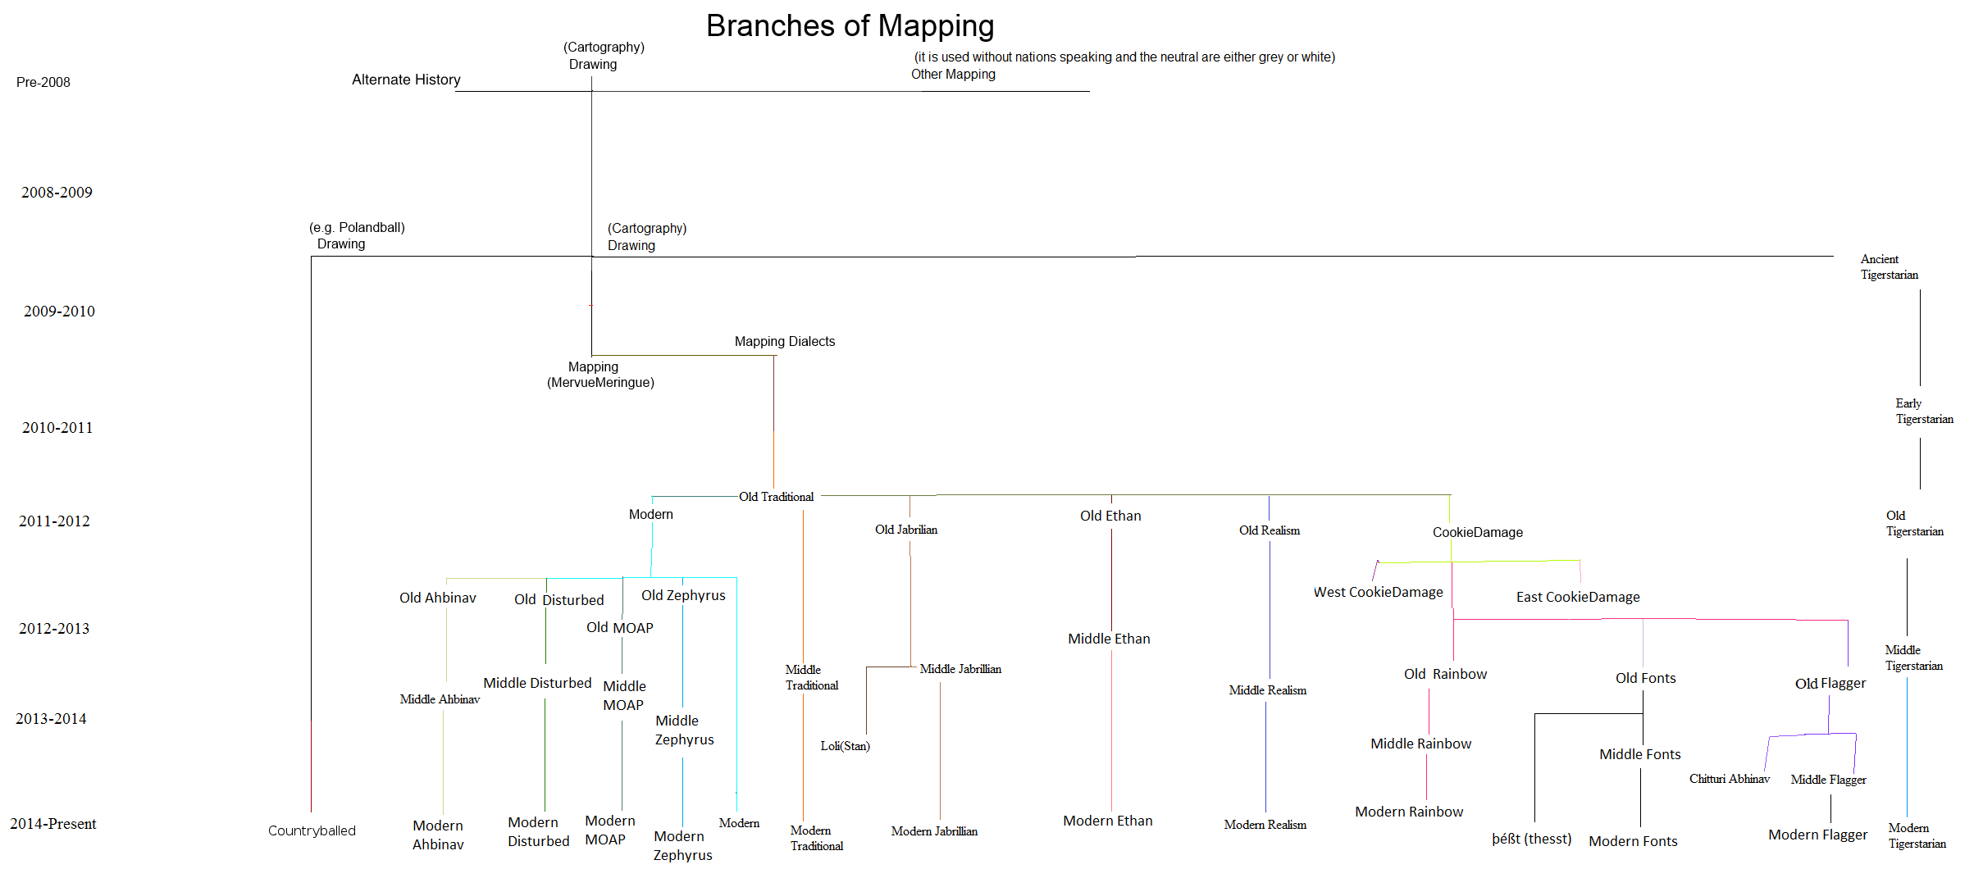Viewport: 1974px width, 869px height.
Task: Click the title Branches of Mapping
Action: point(850,26)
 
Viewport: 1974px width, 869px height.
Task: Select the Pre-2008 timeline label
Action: point(43,82)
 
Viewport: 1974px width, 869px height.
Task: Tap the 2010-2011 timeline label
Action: point(57,427)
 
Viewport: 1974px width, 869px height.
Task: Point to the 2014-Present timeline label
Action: point(53,824)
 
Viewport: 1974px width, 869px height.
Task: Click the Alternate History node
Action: point(406,80)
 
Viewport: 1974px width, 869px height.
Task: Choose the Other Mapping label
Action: point(953,74)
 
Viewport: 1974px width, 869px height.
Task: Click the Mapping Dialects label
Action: point(785,341)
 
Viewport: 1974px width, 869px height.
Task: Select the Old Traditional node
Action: point(776,497)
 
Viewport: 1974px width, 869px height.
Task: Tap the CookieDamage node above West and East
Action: point(1477,532)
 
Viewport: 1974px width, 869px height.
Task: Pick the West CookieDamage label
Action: point(1378,592)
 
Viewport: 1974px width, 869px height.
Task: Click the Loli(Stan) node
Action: point(845,746)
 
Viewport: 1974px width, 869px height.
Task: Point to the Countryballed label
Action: point(312,830)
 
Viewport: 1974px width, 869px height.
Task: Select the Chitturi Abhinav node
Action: point(1729,779)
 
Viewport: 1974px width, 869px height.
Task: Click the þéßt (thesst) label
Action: point(1531,839)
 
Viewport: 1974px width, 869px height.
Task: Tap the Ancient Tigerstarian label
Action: point(1889,266)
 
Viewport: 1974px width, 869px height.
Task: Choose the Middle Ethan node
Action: point(1109,639)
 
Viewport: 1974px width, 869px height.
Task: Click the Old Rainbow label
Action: point(1445,674)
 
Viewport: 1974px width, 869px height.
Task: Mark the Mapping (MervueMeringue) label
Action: point(599,375)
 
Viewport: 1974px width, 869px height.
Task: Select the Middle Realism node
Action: point(1267,690)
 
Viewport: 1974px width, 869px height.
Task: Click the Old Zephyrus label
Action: point(683,595)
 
